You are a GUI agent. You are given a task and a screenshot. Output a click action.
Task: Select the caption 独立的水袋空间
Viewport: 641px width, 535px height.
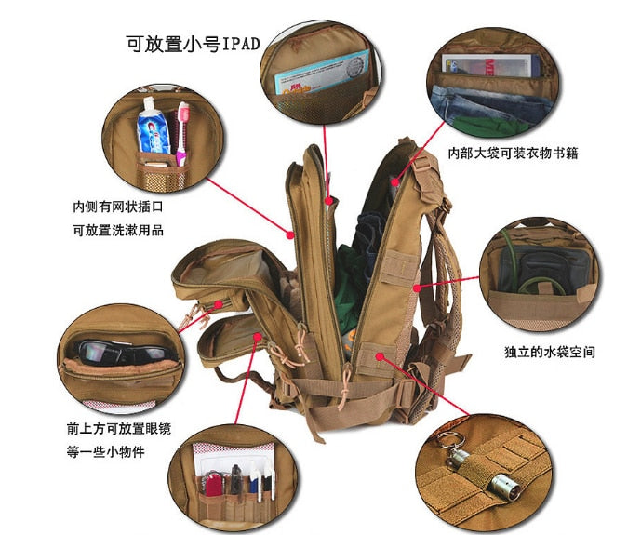pyautogui.click(x=549, y=352)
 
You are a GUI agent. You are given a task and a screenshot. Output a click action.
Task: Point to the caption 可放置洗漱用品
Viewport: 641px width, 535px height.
pyautogui.click(x=123, y=230)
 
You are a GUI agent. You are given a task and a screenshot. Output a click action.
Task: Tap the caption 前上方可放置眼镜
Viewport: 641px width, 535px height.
pyautogui.click(x=117, y=429)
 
